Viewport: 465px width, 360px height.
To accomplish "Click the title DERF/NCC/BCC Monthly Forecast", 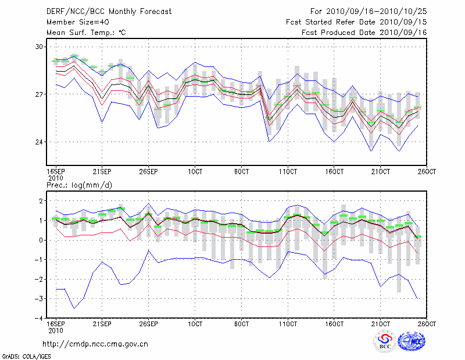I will pyautogui.click(x=98, y=11).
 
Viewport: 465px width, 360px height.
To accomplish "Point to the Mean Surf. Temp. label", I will pyautogui.click(x=85, y=33).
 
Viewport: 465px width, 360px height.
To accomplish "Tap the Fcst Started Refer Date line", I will pyautogui.click(x=356, y=22).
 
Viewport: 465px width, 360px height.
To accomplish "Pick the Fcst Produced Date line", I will pyautogui.click(x=364, y=33).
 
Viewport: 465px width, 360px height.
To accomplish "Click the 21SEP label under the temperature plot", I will pyautogui.click(x=102, y=172).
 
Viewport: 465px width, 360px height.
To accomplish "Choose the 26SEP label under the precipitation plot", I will pyautogui.click(x=148, y=323).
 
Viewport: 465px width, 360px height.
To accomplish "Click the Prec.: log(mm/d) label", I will pyautogui.click(x=80, y=185).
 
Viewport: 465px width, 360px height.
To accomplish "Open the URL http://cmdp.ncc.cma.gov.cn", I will pyautogui.click(x=95, y=344).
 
